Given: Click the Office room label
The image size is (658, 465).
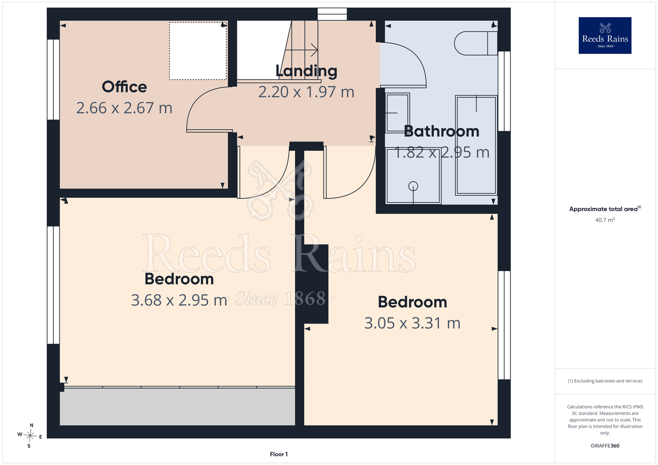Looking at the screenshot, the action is point(124,87).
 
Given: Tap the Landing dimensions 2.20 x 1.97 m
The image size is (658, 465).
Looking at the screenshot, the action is point(306,92).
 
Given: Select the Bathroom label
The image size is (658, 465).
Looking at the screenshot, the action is point(442,131).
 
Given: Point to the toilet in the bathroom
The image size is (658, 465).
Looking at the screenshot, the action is point(476,43).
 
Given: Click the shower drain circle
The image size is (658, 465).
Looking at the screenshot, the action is point(413,186).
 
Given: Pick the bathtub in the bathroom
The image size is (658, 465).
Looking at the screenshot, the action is point(476,145).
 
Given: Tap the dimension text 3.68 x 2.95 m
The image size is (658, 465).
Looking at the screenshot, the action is point(179,300).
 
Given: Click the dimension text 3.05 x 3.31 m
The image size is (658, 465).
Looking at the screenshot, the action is point(412,323).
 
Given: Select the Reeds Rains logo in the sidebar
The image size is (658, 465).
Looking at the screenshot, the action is point(605,36).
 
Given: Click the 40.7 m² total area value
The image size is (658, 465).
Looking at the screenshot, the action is point(605,220).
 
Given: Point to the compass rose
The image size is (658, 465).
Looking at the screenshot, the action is point(30,436).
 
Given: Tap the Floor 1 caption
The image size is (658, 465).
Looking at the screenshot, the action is point(279,454).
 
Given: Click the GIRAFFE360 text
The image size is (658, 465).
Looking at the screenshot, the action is point(605,446).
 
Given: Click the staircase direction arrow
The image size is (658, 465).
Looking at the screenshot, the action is point(301,50).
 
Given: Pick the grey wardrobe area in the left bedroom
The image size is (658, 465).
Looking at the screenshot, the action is point(177,407).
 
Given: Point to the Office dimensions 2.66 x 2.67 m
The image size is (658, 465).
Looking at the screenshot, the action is point(124,108).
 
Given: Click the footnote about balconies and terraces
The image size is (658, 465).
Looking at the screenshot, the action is point(605,381).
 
